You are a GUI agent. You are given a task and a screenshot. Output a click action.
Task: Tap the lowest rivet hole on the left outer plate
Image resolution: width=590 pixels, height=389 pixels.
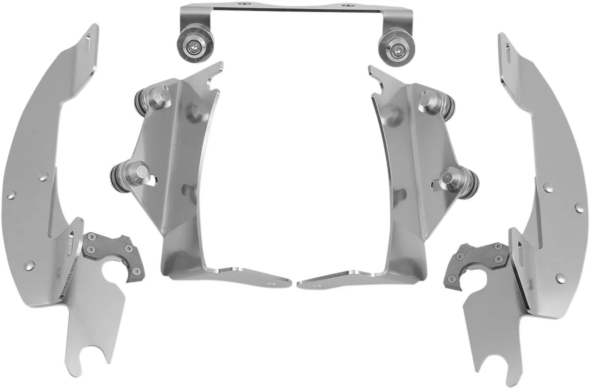32,266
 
